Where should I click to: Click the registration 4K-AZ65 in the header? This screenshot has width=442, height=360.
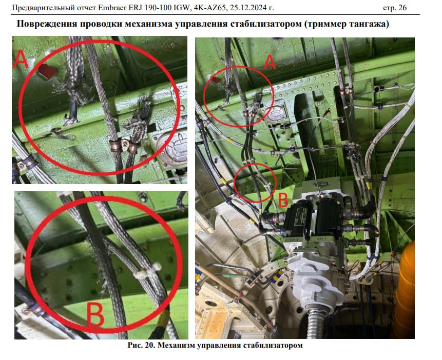[209, 8]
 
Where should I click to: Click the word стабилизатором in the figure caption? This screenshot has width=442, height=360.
[273, 345]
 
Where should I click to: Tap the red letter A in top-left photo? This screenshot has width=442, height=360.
[21, 59]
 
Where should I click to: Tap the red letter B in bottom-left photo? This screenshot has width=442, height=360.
[95, 315]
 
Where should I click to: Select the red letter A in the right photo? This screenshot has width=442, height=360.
[269, 62]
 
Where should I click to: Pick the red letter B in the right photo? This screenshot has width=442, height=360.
[283, 199]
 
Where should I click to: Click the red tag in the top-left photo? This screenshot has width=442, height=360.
[47, 71]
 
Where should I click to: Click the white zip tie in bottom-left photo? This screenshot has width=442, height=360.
[147, 271]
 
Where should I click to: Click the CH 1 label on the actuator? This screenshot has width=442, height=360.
[321, 239]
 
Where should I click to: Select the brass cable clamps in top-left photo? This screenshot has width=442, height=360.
[124, 146]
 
